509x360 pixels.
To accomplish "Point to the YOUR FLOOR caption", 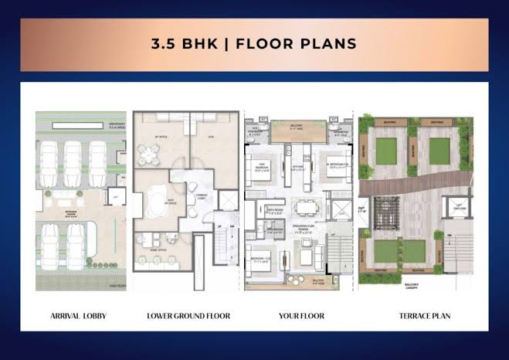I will pyautogui.click(x=301, y=316).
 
